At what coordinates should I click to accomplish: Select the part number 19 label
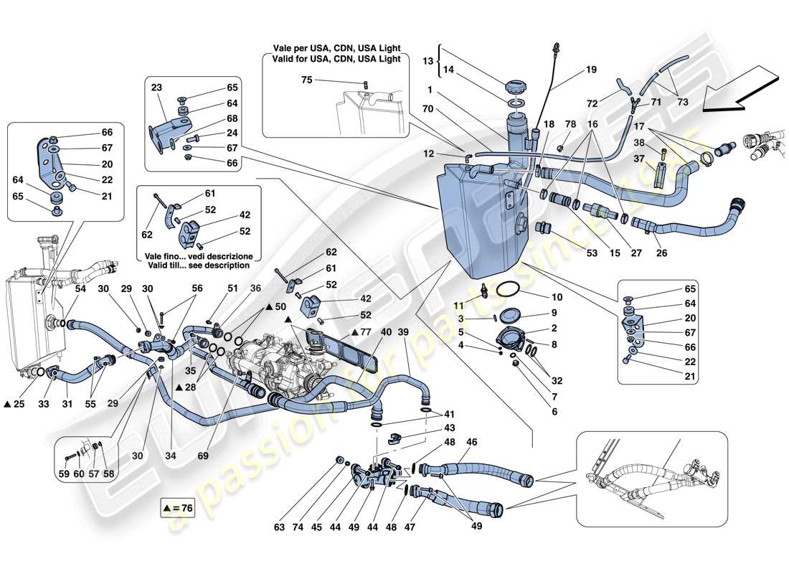pyautogui.click(x=591, y=70)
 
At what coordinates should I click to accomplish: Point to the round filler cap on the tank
pyautogui.click(x=516, y=87)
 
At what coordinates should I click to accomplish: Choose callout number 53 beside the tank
pyautogui.click(x=572, y=253)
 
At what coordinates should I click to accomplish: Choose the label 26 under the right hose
pyautogui.click(x=661, y=253)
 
